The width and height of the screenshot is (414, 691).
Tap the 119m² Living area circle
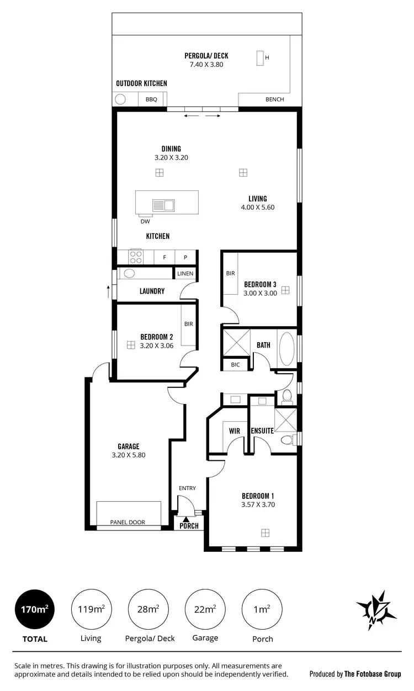coord(91,610)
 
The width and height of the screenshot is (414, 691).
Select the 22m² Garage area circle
coord(204,610)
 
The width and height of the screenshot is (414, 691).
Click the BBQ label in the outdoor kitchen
coord(151,100)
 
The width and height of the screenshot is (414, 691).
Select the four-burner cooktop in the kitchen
coord(136,257)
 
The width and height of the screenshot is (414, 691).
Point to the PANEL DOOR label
coord(128,522)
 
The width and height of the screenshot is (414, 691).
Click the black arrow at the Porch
coord(187,518)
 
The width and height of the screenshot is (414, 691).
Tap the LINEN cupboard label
coord(185,274)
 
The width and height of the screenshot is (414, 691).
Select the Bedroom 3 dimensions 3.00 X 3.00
coord(260,294)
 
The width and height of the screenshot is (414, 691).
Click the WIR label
coord(233,430)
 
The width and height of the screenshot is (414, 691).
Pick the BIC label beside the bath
coord(235,365)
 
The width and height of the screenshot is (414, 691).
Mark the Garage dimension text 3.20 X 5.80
coord(128,455)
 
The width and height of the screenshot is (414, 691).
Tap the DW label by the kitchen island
coord(145,222)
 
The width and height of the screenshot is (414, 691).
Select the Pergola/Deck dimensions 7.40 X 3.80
coord(206,65)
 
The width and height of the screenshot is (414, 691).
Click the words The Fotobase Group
coord(373,673)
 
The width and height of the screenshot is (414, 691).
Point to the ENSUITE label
coord(262,430)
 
